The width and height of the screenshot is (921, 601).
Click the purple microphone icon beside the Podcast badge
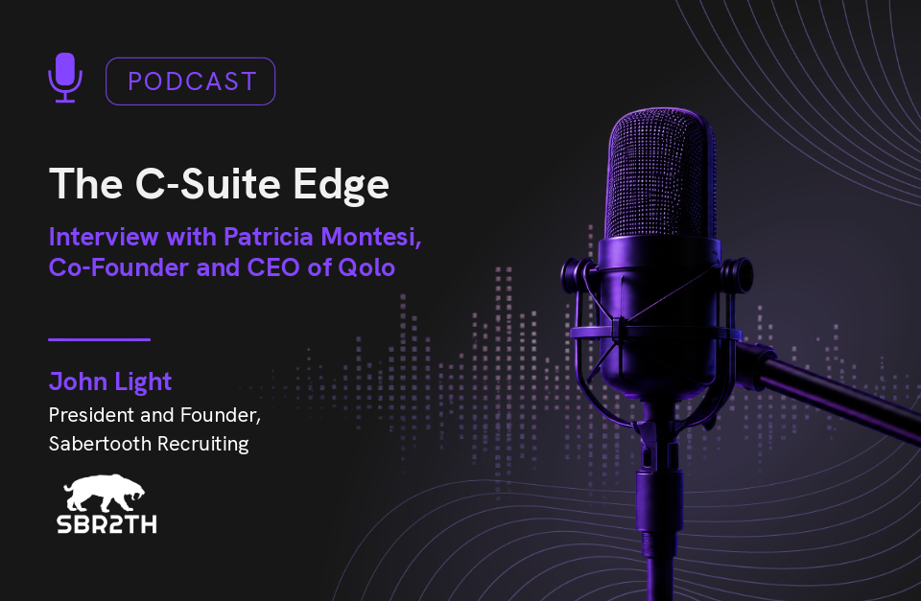[65, 78]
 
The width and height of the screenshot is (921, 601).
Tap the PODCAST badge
[190, 81]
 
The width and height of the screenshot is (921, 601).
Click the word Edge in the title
[341, 185]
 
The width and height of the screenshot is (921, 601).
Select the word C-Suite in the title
[208, 184]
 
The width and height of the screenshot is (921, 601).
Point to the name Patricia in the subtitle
[269, 237]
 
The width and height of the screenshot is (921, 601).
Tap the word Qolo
[366, 267]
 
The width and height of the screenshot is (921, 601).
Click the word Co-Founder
[119, 267]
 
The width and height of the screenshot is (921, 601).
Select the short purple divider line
[99, 339]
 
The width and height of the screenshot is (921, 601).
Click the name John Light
[110, 382]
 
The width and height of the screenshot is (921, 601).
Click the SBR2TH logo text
[106, 523]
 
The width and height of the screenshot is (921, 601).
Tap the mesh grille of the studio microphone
[660, 173]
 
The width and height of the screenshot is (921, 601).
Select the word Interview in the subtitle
[104, 237]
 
